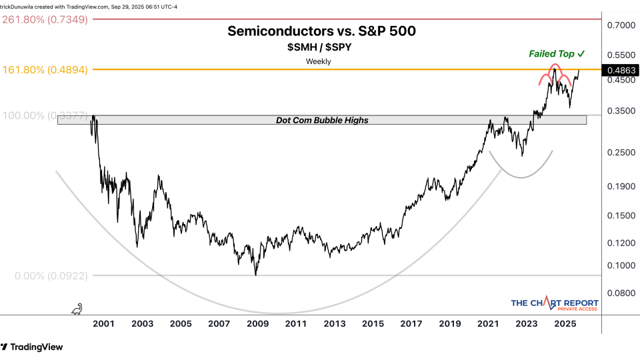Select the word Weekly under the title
(319, 61)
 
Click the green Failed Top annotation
(557, 53)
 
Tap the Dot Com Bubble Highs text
(323, 120)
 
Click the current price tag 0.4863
(619, 69)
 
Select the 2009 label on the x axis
(257, 324)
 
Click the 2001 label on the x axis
(103, 324)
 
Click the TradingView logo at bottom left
(33, 347)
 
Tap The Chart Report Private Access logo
(555, 305)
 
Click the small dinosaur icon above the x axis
(77, 309)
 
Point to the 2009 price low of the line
(256, 275)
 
